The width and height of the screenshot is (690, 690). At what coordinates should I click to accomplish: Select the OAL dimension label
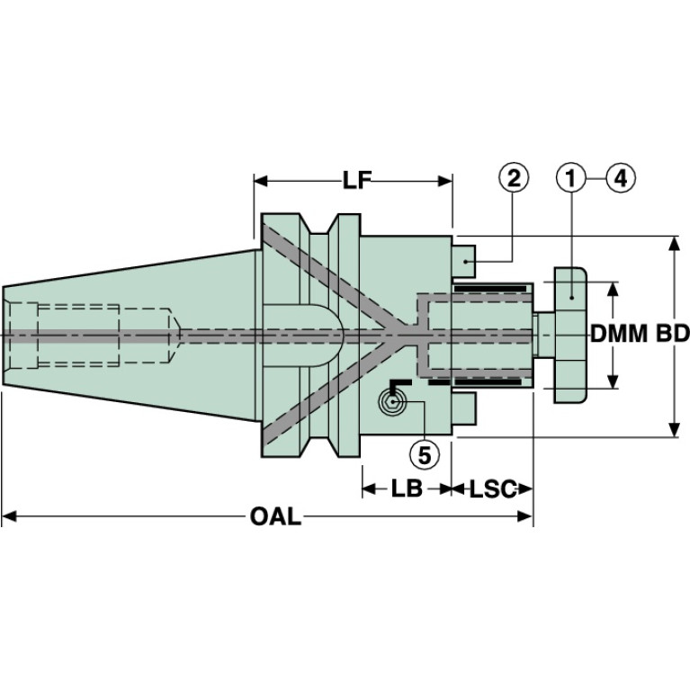pyautogui.click(x=275, y=517)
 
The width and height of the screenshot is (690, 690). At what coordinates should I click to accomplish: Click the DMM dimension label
pyautogui.click(x=620, y=335)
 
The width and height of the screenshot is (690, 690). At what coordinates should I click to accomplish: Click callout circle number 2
pyautogui.click(x=513, y=179)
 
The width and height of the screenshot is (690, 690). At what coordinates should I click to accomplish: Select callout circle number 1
pyautogui.click(x=571, y=179)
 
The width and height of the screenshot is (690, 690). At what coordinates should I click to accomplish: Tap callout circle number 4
pyautogui.click(x=619, y=179)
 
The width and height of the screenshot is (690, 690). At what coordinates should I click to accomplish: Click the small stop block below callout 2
pyautogui.click(x=464, y=258)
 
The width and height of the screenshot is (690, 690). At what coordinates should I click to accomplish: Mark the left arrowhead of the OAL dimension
pyautogui.click(x=9, y=516)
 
